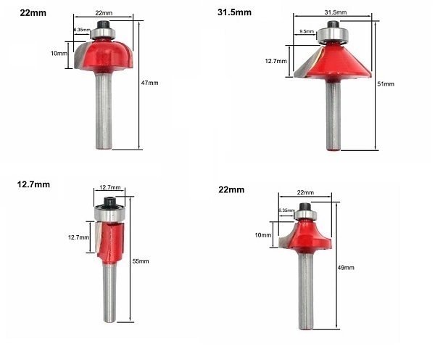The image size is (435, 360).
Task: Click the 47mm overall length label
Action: click(149, 83)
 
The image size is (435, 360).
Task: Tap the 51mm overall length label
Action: click(386, 84)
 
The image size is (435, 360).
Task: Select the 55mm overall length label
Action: click(141, 261)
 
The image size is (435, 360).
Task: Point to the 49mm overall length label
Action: click(346, 268)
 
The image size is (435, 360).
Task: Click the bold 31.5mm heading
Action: click(234, 12)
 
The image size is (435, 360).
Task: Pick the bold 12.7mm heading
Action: click(33, 184)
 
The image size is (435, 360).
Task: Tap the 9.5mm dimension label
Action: click(307, 31)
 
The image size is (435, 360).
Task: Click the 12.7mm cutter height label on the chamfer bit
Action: click(275, 61)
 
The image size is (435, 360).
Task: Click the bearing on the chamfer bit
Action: click(332, 35)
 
